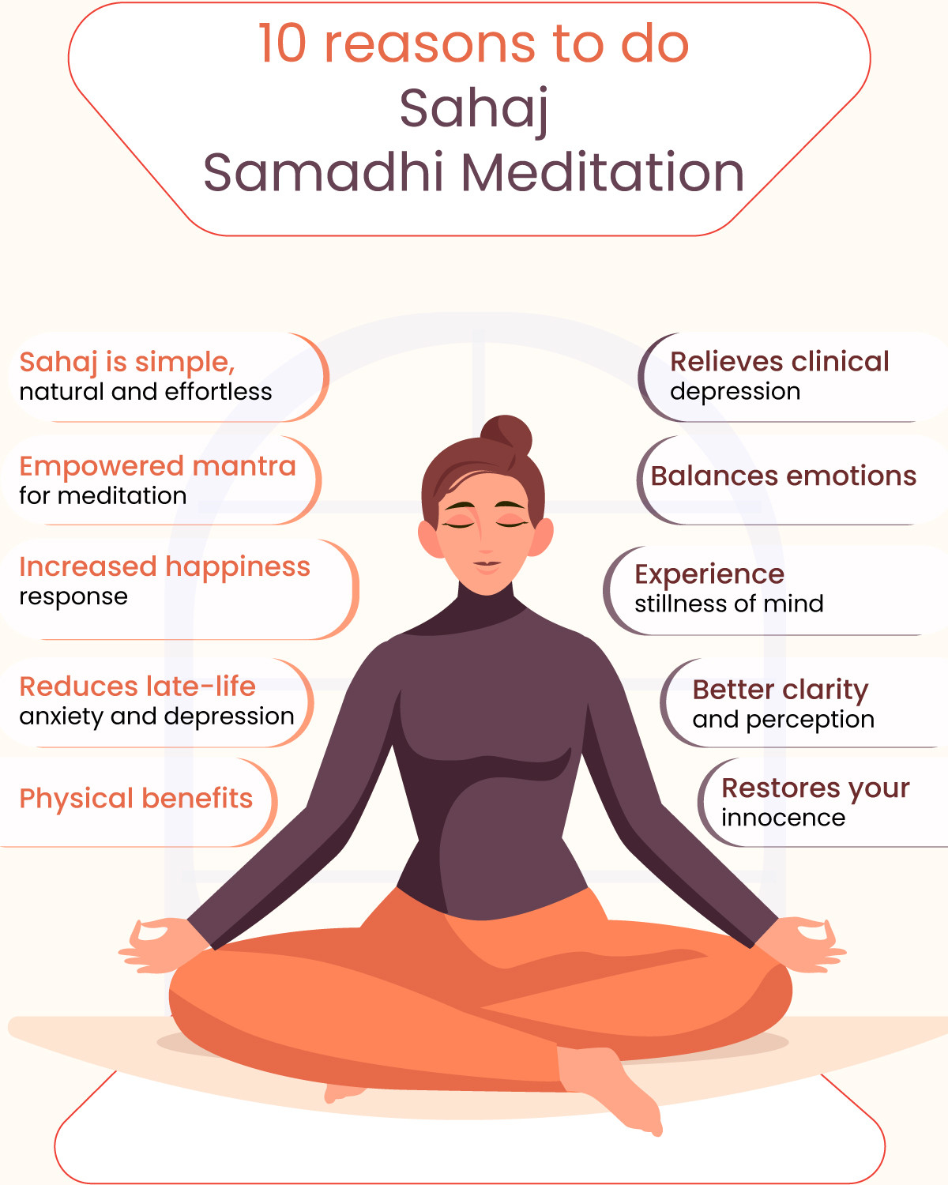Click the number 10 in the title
(282, 43)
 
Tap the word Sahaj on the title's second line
(474, 110)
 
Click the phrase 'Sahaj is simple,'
(127, 363)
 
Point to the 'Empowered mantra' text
(157, 466)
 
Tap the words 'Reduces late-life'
(137, 687)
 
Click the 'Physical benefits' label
(136, 799)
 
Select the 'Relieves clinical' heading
(780, 362)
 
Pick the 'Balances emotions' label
(784, 476)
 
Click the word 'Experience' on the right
(709, 575)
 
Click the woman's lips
(487, 566)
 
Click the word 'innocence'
(784, 818)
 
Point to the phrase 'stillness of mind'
(728, 604)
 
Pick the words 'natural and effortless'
(145, 392)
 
